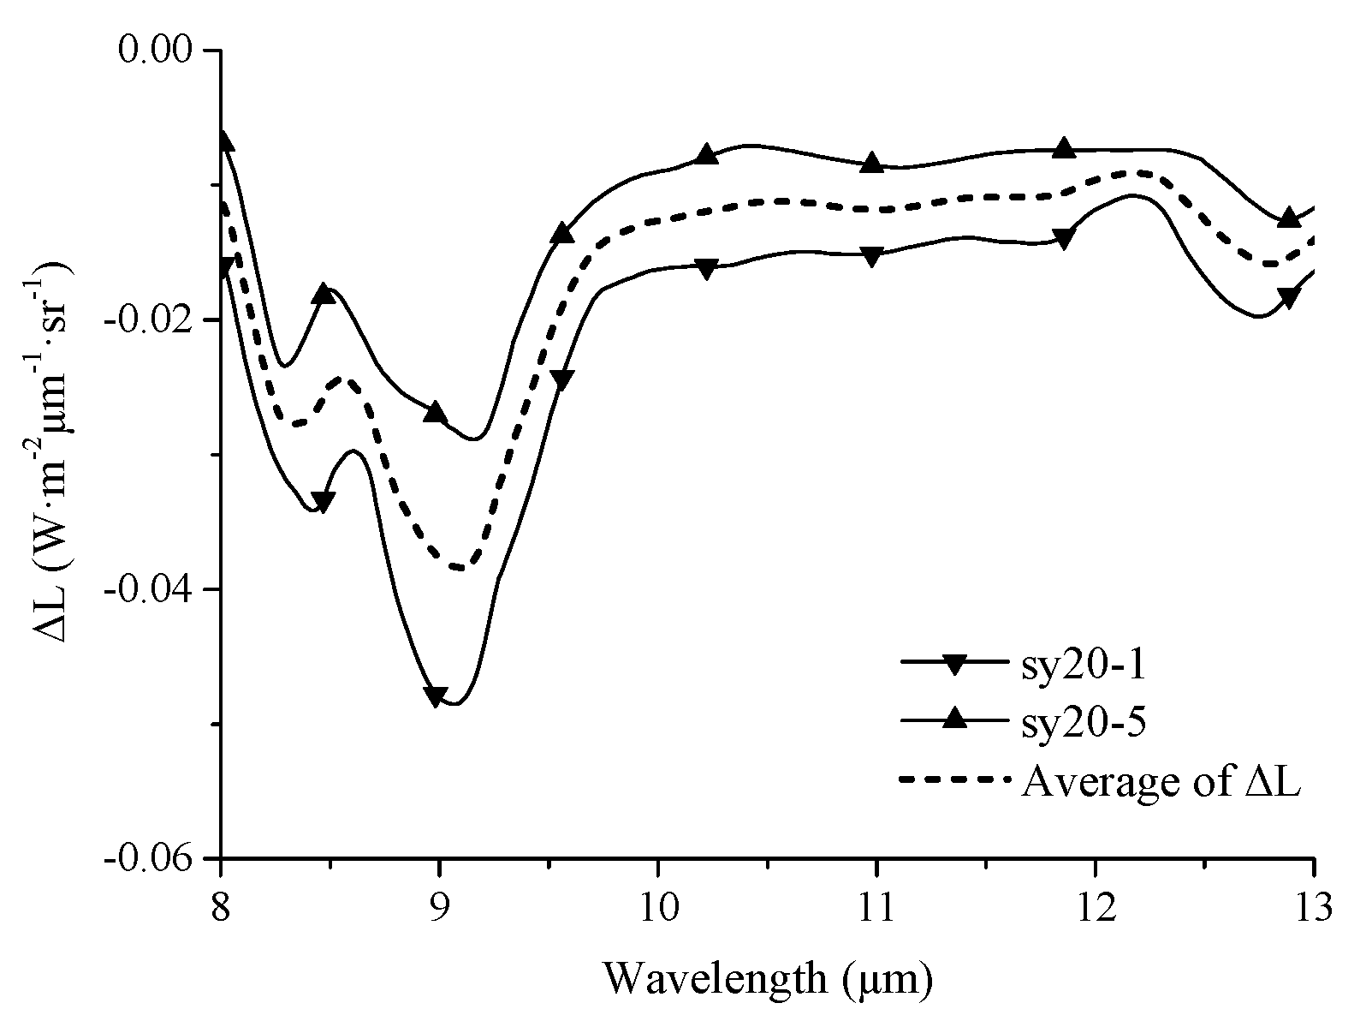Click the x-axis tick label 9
point(439,906)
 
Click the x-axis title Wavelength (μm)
point(768,977)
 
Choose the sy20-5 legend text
point(1082,723)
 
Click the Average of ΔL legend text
point(1161,782)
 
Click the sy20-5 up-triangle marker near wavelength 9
point(436,412)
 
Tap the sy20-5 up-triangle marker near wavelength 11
point(871,163)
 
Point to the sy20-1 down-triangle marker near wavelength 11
point(871,256)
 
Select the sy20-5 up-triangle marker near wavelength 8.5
point(324,293)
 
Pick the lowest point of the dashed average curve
point(460,568)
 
